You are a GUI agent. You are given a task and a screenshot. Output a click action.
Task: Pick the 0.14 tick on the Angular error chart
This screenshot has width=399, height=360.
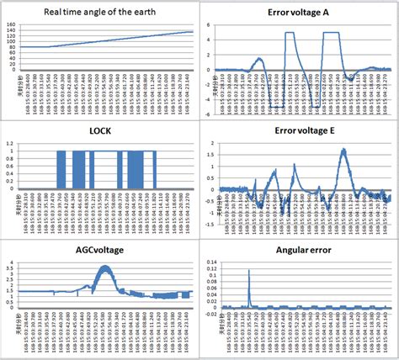pos(210,263)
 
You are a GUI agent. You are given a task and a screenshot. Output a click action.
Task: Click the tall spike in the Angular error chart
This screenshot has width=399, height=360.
pos(249,273)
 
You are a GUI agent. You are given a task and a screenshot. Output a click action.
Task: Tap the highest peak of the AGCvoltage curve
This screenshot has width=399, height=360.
pos(104,267)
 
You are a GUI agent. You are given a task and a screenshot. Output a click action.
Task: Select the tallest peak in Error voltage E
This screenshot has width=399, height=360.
pos(343,151)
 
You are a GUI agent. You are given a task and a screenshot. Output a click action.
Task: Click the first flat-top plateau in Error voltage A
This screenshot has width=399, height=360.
pos(290,34)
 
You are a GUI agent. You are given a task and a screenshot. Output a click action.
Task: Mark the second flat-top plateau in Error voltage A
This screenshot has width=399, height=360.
pos(331,34)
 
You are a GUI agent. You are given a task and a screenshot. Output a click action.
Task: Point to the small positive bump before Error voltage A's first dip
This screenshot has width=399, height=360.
pos(258,61)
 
